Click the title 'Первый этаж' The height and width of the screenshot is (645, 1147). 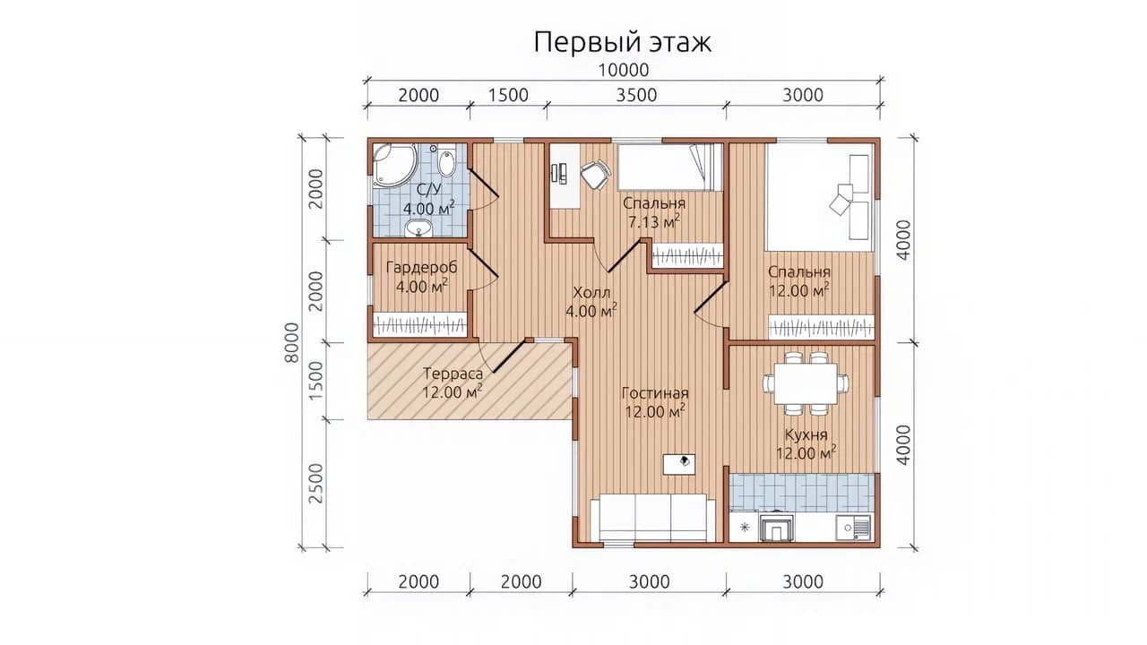coord(622,42)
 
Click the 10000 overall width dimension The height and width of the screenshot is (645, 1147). coord(624,70)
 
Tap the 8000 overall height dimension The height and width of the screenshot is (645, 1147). coord(291,343)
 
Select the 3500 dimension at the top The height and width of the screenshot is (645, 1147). coord(636,95)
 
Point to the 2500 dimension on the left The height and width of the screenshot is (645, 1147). coord(317,483)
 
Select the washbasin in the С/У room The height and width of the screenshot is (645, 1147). coord(418,228)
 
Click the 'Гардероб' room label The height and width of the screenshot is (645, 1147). coord(421,267)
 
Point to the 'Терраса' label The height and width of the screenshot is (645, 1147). coord(453,374)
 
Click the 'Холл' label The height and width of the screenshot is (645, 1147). coord(591,293)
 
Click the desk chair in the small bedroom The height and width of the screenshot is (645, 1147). coord(596,175)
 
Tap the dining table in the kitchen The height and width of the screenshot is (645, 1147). coord(806,383)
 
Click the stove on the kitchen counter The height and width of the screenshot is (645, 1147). coord(778,526)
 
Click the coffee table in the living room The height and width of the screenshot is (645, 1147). coord(679,464)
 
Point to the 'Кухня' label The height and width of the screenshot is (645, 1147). coord(806,435)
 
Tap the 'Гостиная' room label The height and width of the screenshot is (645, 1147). coord(655,393)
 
